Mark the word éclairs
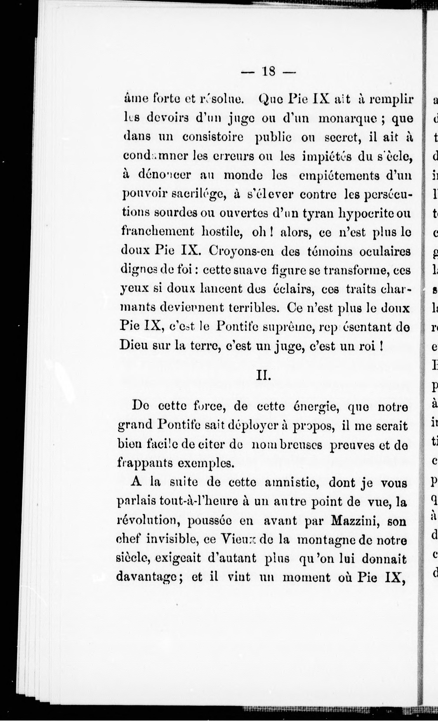click(294, 289)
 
